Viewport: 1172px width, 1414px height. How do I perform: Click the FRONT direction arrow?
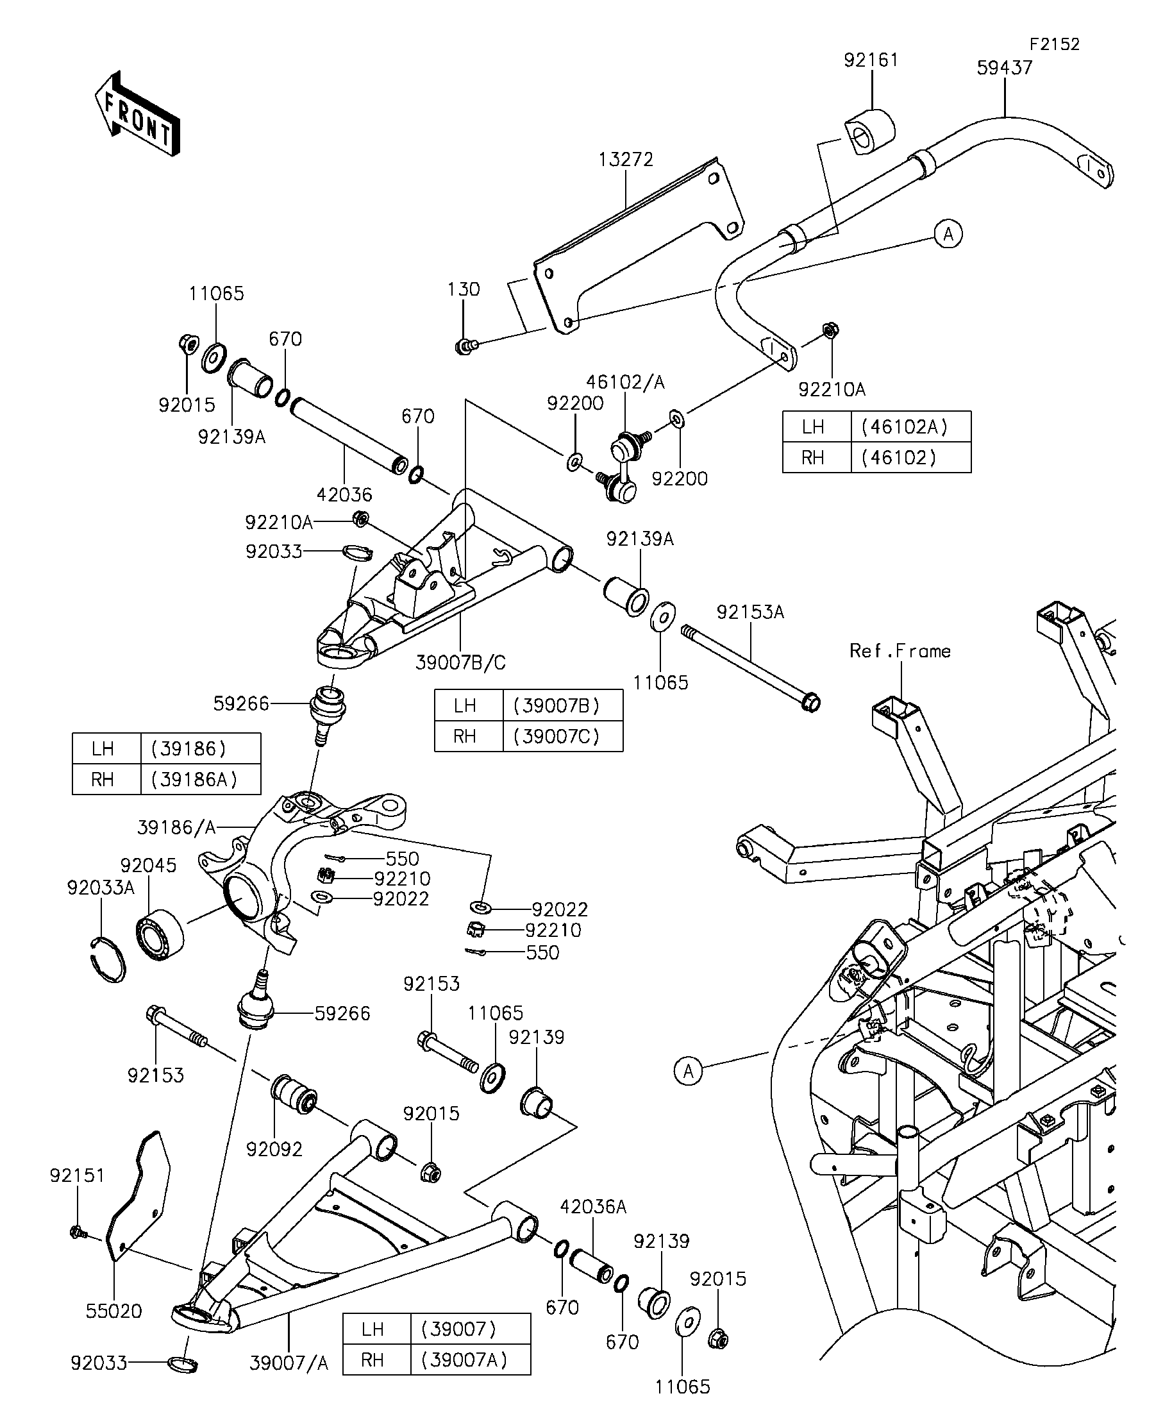tap(137, 113)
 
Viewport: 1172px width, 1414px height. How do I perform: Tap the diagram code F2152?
tap(1054, 44)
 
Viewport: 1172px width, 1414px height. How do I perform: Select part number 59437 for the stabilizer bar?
tap(1005, 68)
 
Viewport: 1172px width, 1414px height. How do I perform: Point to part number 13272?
tap(626, 160)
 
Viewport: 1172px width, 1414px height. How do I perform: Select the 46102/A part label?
tap(625, 382)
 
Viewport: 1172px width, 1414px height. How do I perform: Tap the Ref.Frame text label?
tap(900, 651)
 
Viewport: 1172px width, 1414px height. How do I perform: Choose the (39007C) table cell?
tap(555, 737)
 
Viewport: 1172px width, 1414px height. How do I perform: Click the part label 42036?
tap(344, 495)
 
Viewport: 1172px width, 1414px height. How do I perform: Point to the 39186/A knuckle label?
tap(176, 827)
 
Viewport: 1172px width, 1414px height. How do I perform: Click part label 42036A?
tap(593, 1208)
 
